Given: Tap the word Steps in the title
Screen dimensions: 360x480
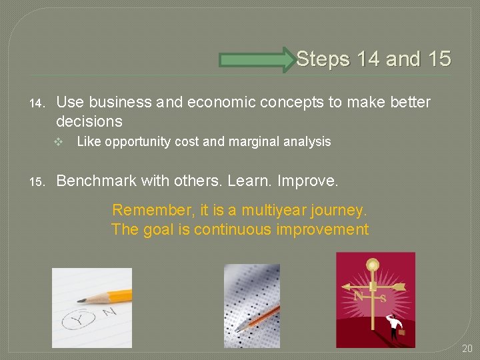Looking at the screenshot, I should point(323,59).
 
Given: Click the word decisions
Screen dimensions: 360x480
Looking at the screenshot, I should point(89,121).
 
